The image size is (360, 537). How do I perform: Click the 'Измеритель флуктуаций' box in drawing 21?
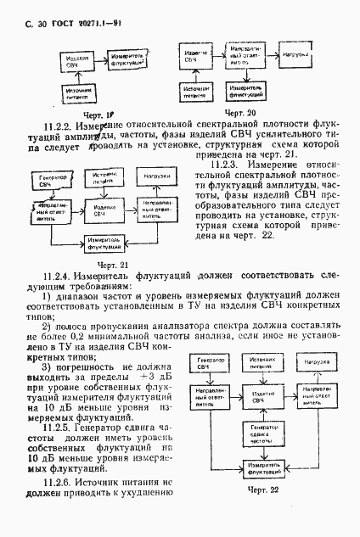pyautogui.click(x=98, y=242)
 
